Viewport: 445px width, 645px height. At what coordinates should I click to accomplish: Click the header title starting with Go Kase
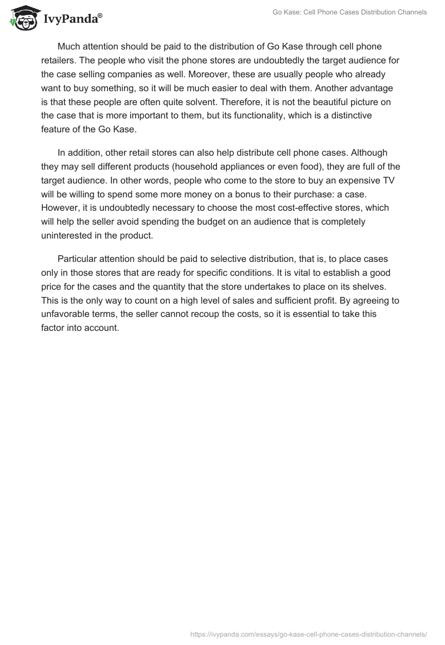point(350,12)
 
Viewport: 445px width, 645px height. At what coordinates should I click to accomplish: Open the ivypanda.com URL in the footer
point(309,633)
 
